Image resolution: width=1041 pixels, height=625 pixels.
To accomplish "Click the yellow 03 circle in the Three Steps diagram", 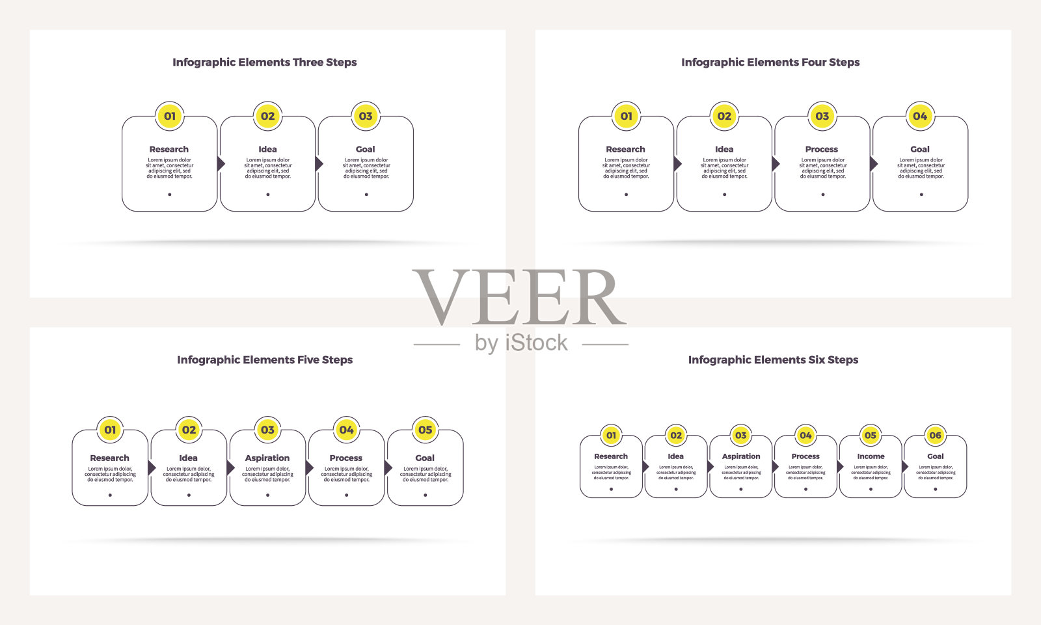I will click(x=366, y=116).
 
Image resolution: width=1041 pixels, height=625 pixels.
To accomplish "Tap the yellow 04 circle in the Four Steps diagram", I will click(x=920, y=116).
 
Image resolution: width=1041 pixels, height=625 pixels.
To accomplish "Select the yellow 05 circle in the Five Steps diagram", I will click(x=425, y=430).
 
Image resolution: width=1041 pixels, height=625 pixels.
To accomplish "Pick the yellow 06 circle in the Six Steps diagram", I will click(x=935, y=435).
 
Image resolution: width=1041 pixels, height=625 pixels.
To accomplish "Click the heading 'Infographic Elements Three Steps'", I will click(x=264, y=62).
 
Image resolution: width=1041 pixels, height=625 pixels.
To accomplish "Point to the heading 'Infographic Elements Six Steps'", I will click(x=773, y=360).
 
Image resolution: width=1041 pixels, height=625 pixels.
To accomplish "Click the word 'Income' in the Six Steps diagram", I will click(x=871, y=456).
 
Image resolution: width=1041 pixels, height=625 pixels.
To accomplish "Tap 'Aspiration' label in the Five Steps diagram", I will click(x=267, y=458).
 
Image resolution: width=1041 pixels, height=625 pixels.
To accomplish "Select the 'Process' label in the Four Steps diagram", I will click(x=822, y=149).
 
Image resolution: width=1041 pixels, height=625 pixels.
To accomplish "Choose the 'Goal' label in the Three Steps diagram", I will click(x=366, y=149).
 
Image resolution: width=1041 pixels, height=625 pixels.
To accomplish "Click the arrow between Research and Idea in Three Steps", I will click(x=221, y=163).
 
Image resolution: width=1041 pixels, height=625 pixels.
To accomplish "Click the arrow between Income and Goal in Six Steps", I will click(x=904, y=467).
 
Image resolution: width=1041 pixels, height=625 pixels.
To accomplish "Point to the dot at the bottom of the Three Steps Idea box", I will click(x=267, y=194).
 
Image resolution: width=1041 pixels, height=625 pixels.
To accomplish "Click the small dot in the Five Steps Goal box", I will click(x=426, y=495).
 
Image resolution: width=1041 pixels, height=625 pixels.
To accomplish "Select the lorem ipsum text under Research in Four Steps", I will click(x=626, y=168).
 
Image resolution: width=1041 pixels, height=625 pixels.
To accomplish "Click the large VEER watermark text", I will click(x=519, y=298).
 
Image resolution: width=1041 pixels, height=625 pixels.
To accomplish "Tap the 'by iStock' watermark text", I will click(x=521, y=343).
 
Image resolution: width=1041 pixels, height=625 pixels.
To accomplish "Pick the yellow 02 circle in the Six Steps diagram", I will click(x=676, y=435).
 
